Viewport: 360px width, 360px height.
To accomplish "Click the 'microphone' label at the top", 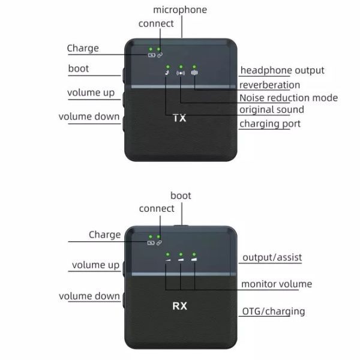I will coord(180,10).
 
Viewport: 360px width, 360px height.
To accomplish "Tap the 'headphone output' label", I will coord(282,71).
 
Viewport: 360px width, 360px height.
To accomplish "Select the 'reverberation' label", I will coord(269,85).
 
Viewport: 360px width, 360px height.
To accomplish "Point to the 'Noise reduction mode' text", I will coord(288,98).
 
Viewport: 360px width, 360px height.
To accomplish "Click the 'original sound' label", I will coord(271,110).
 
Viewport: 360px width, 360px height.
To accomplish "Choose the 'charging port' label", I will coord(269,124).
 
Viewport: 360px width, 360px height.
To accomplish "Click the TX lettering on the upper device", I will coord(179,118).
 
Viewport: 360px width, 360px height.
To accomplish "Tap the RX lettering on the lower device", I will coord(179,305).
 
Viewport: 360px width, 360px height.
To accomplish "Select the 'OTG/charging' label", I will coord(273,311).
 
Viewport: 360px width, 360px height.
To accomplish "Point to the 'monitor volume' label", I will coord(276,284).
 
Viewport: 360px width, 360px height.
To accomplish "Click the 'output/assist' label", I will coord(272,258).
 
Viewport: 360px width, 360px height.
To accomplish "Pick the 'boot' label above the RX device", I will coord(181,196).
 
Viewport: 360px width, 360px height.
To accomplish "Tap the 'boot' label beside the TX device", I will coord(79,68).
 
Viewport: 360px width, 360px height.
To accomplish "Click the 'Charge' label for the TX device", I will coord(83,48).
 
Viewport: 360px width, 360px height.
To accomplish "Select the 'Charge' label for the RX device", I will coord(105,235).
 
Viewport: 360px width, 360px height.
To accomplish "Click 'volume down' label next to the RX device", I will coord(89,296).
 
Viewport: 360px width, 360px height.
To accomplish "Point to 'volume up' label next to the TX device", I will coord(91,93).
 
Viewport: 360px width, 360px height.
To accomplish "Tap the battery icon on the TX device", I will coord(152,55).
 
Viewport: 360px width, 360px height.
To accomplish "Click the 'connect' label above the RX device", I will coord(157,209).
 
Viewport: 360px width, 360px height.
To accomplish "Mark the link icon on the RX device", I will coord(159,242).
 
